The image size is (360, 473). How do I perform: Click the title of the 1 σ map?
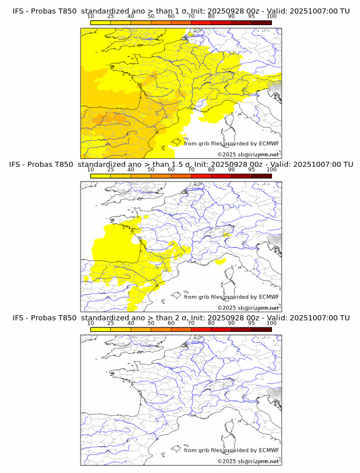[x=181, y=11]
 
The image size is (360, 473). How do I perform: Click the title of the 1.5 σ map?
[x=181, y=165]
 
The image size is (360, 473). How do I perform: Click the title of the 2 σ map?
[x=181, y=318]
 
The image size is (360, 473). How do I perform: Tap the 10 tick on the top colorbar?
[x=91, y=17]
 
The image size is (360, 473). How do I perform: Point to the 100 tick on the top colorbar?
[x=271, y=17]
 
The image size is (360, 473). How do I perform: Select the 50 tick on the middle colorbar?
[x=151, y=170]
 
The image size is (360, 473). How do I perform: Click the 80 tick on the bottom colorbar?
[x=211, y=323]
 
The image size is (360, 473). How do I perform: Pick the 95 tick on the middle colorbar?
[x=251, y=170]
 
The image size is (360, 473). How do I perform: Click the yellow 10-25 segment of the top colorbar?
[x=101, y=22]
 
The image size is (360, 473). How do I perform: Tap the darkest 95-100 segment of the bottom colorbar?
[x=261, y=330]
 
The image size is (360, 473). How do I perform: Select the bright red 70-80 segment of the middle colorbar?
[x=201, y=176]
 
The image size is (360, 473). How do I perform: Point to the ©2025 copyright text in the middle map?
[x=248, y=307]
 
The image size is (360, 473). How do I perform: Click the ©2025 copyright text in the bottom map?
[x=248, y=461]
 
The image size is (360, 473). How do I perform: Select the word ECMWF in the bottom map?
[x=269, y=450]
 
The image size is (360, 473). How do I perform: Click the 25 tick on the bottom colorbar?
[x=111, y=323]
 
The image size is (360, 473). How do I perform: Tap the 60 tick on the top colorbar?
[x=171, y=17]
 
